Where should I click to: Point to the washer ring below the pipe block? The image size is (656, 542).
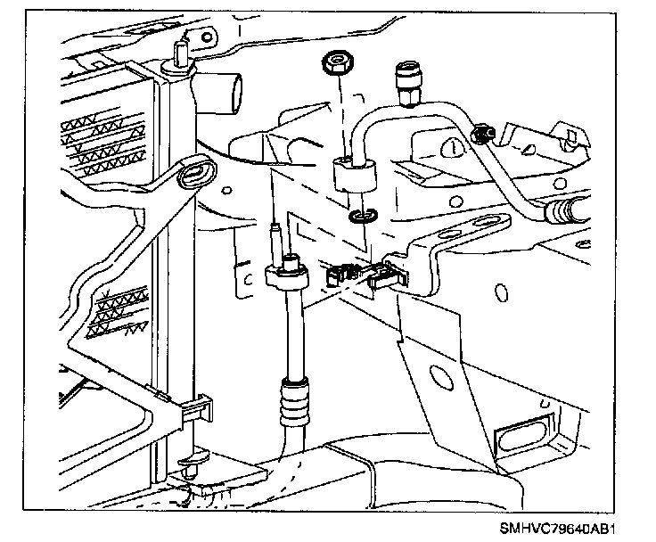tap(361, 216)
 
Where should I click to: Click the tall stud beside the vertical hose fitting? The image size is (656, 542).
tap(277, 236)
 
